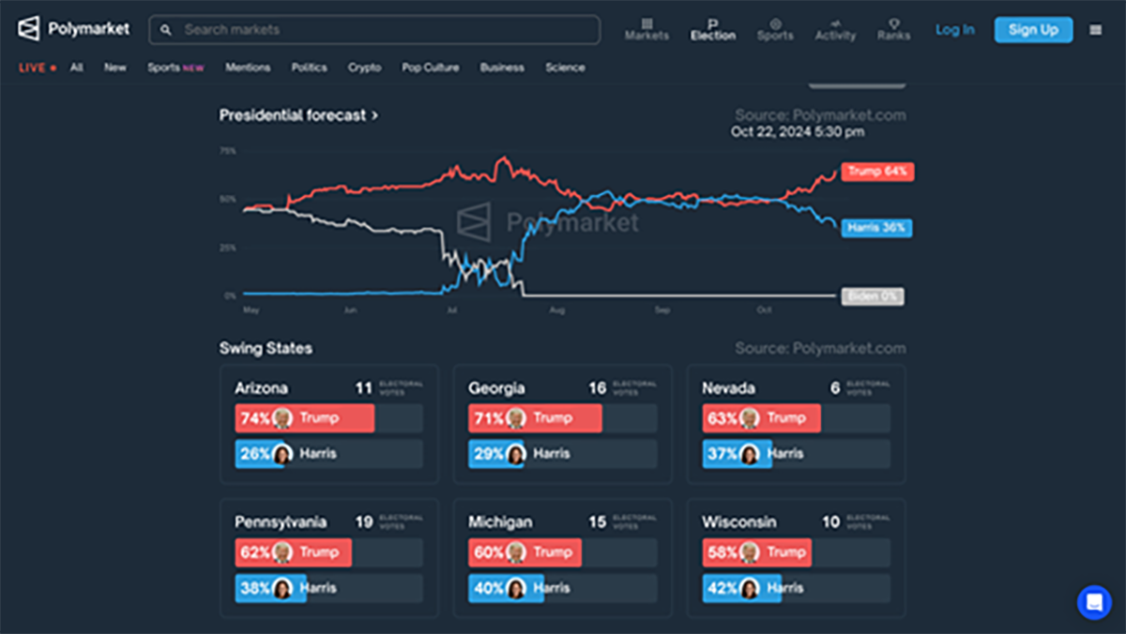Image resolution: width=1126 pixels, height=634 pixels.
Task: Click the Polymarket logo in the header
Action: click(x=73, y=29)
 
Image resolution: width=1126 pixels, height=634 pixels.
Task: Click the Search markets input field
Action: click(x=375, y=30)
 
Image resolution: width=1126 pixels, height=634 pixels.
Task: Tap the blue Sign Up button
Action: click(x=1033, y=30)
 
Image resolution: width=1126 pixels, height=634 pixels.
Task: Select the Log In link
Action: click(x=954, y=30)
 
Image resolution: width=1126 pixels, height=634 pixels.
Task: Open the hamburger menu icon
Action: click(x=1095, y=30)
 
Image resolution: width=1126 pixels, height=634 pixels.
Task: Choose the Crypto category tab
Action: click(x=364, y=68)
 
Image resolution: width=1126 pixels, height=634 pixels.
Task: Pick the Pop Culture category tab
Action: click(x=431, y=68)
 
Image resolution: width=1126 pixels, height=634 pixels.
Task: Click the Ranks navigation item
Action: click(x=893, y=29)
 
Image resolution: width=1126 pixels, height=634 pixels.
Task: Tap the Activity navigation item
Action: click(x=835, y=29)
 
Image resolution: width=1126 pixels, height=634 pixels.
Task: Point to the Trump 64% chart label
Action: click(x=877, y=172)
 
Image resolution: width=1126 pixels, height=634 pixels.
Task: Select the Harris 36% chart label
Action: click(x=876, y=228)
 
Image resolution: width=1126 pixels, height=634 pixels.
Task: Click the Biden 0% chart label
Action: click(x=872, y=296)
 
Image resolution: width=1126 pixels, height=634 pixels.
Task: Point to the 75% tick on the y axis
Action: click(x=228, y=151)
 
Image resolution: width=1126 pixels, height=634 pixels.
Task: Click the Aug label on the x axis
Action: click(x=557, y=309)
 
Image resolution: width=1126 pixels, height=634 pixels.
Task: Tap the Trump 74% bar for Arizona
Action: click(x=305, y=418)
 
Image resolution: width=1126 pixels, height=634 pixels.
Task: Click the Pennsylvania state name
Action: click(x=281, y=522)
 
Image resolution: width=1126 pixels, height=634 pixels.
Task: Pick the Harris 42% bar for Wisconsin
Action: click(x=741, y=589)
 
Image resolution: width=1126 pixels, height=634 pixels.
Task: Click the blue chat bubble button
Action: click(x=1094, y=602)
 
